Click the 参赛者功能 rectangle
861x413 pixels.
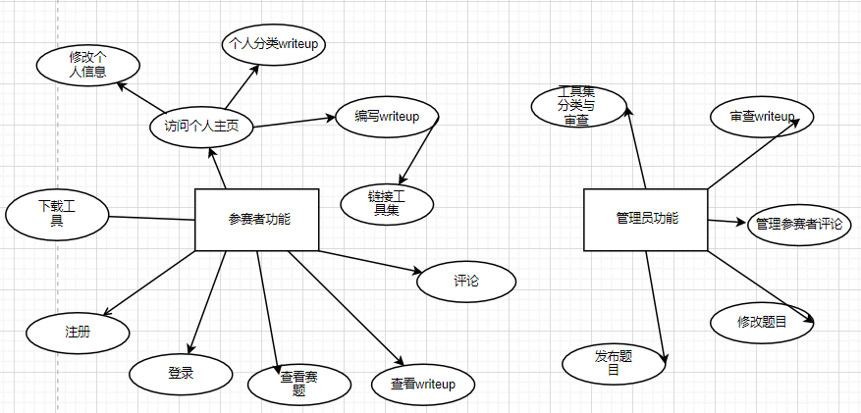(x=257, y=219)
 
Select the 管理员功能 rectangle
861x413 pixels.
(x=645, y=218)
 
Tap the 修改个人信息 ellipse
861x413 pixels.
(x=87, y=65)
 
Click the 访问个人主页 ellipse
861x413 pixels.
(x=201, y=126)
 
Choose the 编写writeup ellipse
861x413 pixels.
(x=386, y=117)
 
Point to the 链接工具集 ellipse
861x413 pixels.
(x=386, y=202)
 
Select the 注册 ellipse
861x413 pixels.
(x=77, y=332)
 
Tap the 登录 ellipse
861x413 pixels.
(x=181, y=372)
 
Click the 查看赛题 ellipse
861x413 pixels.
(x=298, y=383)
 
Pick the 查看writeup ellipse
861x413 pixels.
(x=422, y=384)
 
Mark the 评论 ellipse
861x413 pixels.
(x=466, y=282)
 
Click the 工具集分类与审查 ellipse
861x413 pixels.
(x=577, y=106)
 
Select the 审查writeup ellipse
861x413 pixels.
(x=761, y=117)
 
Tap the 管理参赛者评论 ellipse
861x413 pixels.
(x=799, y=224)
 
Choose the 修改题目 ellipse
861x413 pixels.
(x=762, y=322)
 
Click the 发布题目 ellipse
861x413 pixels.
(x=613, y=363)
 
